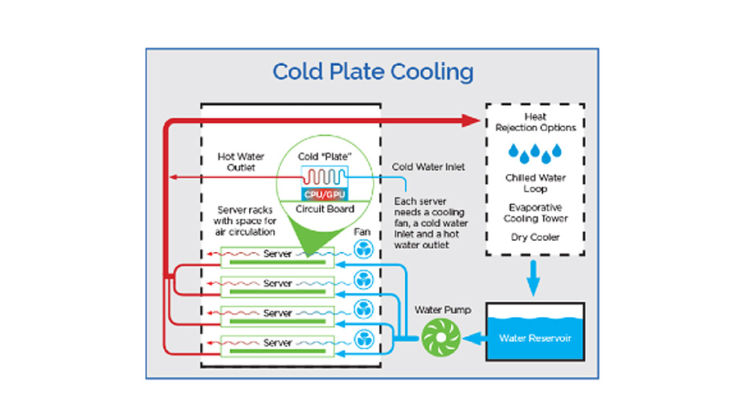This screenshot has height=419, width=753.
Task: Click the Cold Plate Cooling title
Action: coord(373,72)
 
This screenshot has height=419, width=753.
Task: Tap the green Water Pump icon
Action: coord(441,338)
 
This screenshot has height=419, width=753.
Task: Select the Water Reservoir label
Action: coord(535,338)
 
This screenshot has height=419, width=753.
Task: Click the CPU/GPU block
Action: coord(325,194)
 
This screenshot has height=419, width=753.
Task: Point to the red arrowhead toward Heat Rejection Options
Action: coord(470,120)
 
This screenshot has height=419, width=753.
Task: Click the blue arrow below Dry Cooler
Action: coord(533,278)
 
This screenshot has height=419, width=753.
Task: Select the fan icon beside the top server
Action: coord(363,250)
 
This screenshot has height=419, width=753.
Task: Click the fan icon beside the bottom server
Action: coord(363,340)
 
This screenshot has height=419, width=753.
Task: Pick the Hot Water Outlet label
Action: coord(240,162)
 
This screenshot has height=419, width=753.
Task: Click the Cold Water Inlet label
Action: coord(428,167)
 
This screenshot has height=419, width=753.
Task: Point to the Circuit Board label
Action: coord(325,209)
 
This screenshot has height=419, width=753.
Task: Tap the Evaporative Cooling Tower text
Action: coord(535,213)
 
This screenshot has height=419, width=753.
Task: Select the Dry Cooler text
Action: coord(535,238)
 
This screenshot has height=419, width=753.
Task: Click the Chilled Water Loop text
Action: coord(535,183)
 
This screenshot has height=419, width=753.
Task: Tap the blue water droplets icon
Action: coord(535,153)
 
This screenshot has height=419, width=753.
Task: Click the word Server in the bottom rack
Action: coord(277,343)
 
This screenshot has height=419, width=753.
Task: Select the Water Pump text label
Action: coord(443,310)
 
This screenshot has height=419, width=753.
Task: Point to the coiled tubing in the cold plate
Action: coord(325,177)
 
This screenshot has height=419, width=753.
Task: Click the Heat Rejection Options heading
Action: coord(535,122)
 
